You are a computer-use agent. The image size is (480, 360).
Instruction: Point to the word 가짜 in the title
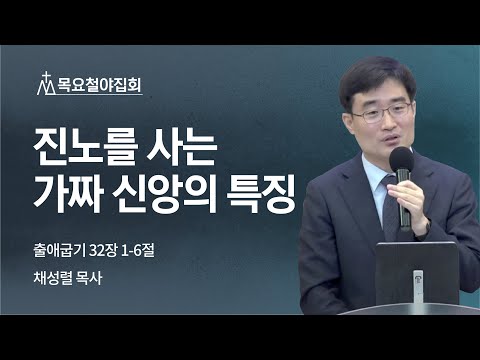(x=75, y=191)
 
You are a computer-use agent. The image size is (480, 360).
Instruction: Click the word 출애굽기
(x=59, y=245)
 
